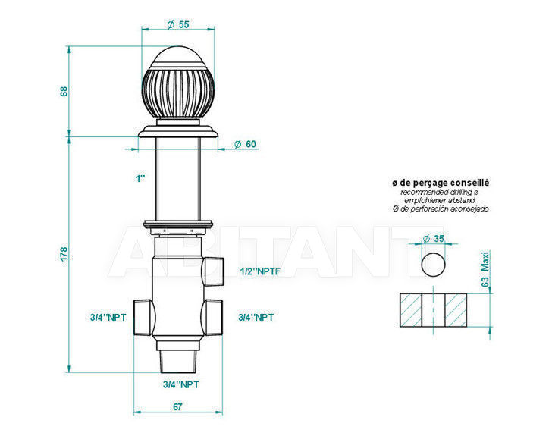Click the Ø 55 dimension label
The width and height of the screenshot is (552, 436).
(178, 24)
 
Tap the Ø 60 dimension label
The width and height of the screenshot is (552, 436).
(245, 144)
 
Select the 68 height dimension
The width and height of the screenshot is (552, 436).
(64, 91)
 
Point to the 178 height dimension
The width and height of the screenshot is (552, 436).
(64, 254)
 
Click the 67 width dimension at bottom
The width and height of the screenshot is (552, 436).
(177, 406)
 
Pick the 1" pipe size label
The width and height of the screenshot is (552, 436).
(140, 178)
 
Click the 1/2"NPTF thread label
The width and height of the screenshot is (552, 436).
(260, 271)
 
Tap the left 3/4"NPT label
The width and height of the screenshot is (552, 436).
(108, 317)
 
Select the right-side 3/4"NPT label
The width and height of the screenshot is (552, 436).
(256, 317)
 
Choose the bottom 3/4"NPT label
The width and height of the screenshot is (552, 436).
(181, 384)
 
